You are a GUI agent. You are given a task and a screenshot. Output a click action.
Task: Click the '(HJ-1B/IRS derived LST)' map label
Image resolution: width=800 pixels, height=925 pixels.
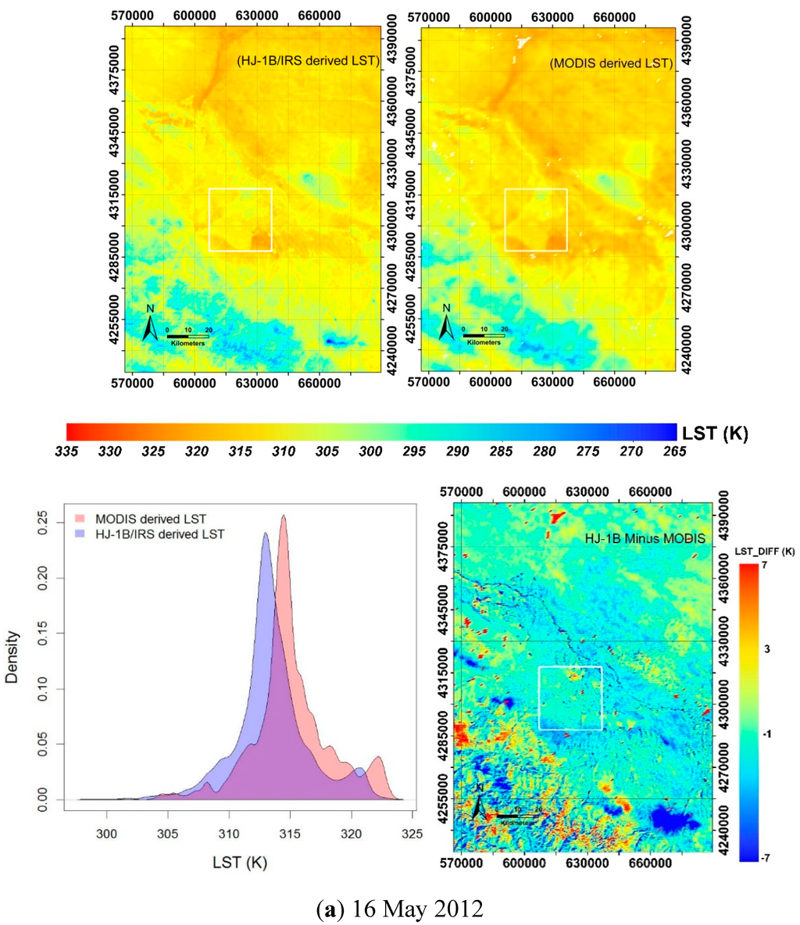point(308,62)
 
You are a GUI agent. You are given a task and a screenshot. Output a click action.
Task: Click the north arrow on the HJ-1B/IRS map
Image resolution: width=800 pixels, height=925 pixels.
point(149,323)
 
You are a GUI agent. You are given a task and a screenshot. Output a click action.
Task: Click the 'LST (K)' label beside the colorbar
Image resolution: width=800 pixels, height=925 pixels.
point(715,434)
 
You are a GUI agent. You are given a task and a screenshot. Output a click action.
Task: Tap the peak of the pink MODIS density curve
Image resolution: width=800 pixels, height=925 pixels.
point(284,516)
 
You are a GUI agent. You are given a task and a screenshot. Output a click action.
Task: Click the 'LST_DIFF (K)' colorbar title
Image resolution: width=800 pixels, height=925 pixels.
point(765,552)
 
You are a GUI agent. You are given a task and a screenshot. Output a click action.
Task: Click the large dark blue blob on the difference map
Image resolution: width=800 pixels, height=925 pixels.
point(670,820)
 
